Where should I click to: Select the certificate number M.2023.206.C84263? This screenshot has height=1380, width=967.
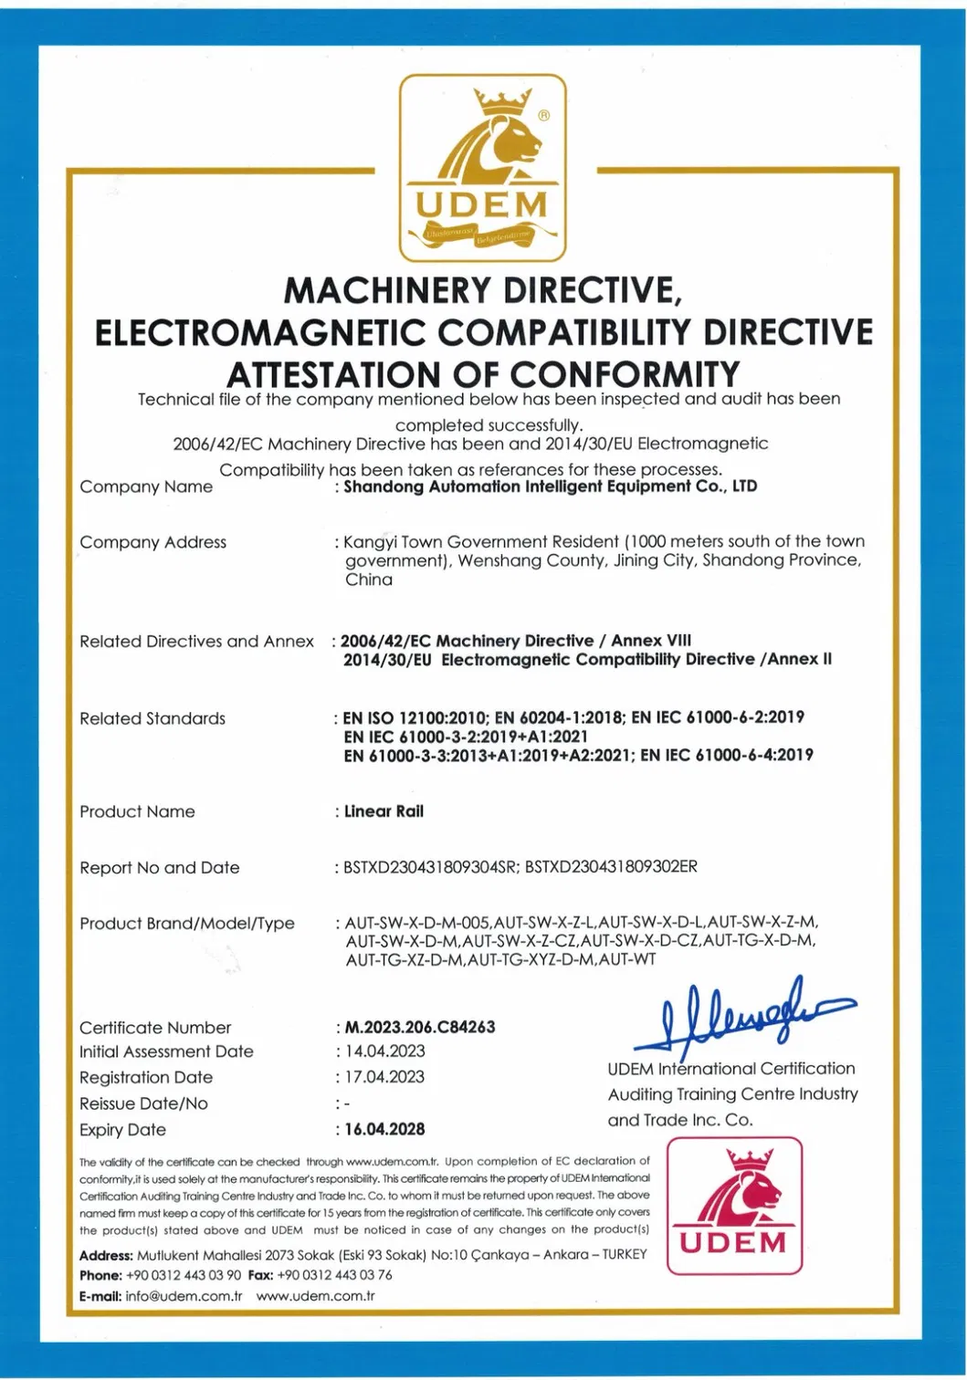point(419,1027)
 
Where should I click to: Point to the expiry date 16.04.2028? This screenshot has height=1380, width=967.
point(384,1129)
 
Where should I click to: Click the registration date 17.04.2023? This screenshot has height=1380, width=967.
point(384,1077)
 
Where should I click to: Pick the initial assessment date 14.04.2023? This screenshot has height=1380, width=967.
point(384,1051)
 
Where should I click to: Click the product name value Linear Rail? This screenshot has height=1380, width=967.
point(384,811)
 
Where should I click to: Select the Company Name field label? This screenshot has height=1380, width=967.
point(146,486)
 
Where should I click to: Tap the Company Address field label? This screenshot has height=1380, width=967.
point(152,542)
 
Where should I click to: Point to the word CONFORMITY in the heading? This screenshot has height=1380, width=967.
point(625,374)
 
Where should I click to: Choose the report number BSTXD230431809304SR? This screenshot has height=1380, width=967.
point(429,867)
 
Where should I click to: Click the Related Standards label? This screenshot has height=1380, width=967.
point(152,718)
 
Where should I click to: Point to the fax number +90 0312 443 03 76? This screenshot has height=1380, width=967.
point(334,1275)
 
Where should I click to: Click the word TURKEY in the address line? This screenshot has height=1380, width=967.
point(624,1254)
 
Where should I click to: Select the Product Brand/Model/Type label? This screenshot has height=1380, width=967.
point(187,924)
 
